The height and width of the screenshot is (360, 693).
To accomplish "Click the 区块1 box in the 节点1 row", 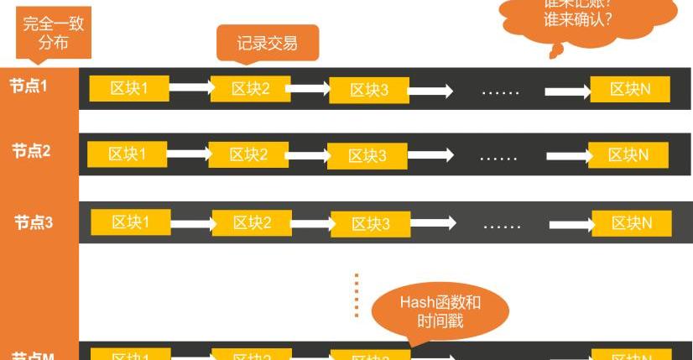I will click(x=129, y=87).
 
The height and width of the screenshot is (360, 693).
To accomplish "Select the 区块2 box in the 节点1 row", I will click(x=250, y=88).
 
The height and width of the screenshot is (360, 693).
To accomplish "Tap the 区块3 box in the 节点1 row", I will click(x=369, y=90).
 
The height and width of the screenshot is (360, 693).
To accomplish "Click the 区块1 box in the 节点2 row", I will click(x=128, y=154).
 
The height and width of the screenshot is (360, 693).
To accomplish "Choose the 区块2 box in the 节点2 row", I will click(x=248, y=154).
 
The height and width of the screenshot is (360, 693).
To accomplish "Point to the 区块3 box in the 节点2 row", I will click(x=367, y=156).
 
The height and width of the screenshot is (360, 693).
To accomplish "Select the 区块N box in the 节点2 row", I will click(x=628, y=155).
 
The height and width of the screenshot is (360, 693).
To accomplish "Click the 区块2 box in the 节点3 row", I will click(x=252, y=222).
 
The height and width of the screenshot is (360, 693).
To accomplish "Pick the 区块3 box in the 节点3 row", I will click(x=371, y=224).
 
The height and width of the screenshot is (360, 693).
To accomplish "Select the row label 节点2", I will click(x=32, y=152).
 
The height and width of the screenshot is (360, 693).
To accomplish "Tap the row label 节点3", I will click(x=34, y=222).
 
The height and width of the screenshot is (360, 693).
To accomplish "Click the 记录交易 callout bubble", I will click(x=267, y=42).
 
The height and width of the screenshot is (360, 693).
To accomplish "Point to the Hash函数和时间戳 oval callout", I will click(x=440, y=311).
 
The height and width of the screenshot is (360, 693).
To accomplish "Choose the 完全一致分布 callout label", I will click(x=53, y=30).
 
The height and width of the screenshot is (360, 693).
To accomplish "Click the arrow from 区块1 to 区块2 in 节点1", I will click(x=190, y=86).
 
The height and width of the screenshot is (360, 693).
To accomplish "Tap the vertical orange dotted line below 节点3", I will click(x=357, y=295).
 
